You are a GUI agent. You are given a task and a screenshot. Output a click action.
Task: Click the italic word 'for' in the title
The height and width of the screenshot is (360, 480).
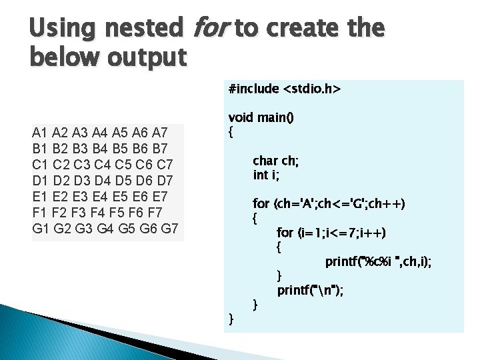[210, 29]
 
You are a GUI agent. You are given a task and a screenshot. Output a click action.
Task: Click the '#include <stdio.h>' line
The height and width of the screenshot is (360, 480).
[284, 89]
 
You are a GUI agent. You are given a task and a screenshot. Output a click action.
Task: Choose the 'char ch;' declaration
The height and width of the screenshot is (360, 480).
[276, 161]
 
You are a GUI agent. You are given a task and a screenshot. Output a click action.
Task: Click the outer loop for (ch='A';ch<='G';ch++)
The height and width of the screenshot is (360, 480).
[329, 203]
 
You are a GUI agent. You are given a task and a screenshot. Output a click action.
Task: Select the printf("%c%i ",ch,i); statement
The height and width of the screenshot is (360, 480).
[378, 262]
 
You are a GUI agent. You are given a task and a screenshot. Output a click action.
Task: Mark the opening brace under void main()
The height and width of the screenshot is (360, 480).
[231, 132]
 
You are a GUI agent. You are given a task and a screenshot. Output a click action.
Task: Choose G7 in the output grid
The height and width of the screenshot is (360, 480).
[169, 229]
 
